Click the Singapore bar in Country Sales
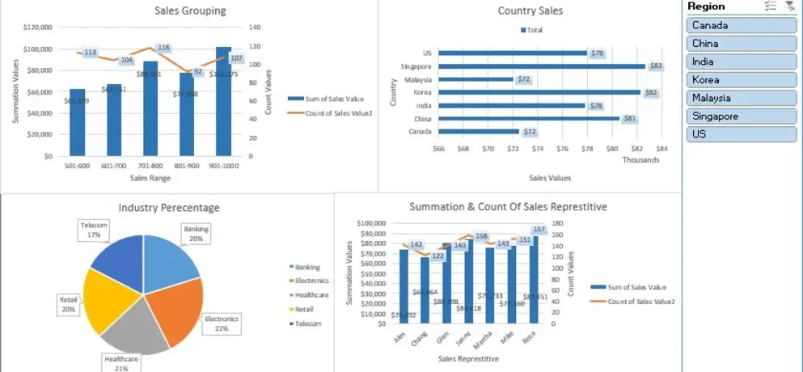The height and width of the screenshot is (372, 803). (x=542, y=66)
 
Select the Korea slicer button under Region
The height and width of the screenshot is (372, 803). (x=742, y=80)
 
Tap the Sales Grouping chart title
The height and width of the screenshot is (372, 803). (x=190, y=11)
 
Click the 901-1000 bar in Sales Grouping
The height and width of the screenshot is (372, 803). (x=223, y=105)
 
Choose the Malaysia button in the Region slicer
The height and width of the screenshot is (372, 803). (x=742, y=98)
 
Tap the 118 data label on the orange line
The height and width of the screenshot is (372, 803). (x=163, y=48)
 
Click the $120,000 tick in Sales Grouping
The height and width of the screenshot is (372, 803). (x=38, y=27)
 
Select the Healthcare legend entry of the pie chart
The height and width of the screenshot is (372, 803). (x=311, y=295)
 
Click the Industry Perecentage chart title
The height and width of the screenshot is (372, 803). (x=169, y=208)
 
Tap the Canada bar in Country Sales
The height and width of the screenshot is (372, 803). (x=479, y=131)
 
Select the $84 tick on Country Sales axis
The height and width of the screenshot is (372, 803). (x=661, y=148)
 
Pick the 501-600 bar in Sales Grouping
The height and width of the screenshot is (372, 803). (x=77, y=123)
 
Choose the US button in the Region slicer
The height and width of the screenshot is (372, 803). (x=742, y=134)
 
